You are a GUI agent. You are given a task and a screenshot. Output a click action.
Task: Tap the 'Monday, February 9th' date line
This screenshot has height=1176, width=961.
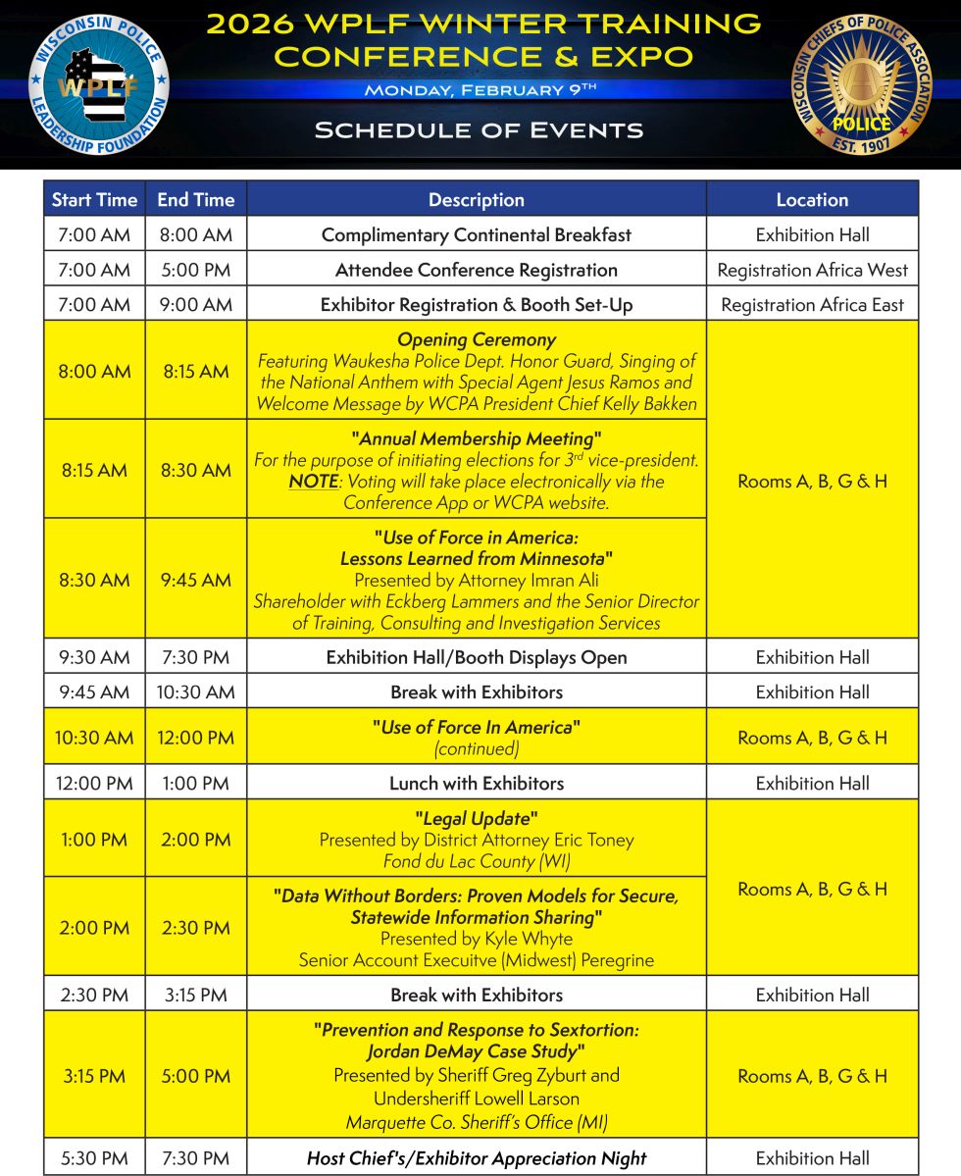pyautogui.click(x=480, y=90)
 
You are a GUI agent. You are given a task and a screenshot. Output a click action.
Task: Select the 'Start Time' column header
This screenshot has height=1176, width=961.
pyautogui.click(x=94, y=199)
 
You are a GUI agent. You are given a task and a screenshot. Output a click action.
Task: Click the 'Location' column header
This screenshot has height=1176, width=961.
pyautogui.click(x=812, y=199)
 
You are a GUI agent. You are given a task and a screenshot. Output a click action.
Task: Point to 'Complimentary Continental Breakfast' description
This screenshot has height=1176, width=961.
pyautogui.click(x=477, y=234)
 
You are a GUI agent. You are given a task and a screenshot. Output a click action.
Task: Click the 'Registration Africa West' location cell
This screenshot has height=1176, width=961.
pyautogui.click(x=812, y=270)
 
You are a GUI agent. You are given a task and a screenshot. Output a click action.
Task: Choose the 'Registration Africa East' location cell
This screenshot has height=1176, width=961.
pyautogui.click(x=812, y=305)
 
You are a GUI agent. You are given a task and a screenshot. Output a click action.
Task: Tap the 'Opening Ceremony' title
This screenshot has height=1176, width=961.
pyautogui.click(x=477, y=339)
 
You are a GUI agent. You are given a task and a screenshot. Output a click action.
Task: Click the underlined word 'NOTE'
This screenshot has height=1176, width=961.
pyautogui.click(x=313, y=481)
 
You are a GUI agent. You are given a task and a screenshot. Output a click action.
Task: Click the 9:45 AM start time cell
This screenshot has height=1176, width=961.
pyautogui.click(x=94, y=691)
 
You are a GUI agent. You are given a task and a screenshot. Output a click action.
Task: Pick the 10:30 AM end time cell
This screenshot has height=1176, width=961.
pyautogui.click(x=195, y=691)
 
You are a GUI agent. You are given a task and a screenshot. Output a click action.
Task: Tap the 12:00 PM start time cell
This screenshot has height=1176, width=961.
pyautogui.click(x=94, y=783)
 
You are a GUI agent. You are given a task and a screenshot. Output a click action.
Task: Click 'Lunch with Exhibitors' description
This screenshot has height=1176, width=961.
pyautogui.click(x=477, y=783)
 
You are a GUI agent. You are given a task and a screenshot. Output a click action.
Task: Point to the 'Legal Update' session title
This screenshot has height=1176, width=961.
pyautogui.click(x=477, y=818)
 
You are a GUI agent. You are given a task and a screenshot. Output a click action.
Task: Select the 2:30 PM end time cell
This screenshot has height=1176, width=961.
pyautogui.click(x=195, y=928)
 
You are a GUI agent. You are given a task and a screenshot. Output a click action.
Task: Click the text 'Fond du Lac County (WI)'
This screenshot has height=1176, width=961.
pyautogui.click(x=477, y=862)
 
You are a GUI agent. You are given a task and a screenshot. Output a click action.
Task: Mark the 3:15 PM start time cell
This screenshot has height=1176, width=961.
pyautogui.click(x=94, y=1076)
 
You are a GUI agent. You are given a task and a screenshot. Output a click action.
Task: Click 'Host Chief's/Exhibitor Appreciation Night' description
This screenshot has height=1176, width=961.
pyautogui.click(x=477, y=1158)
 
